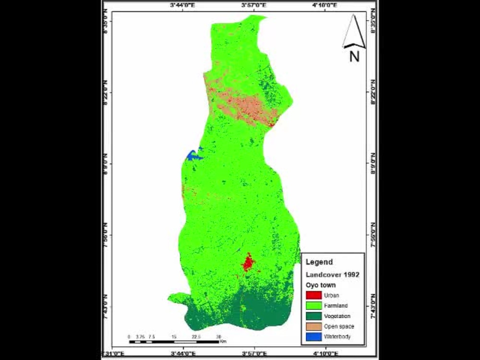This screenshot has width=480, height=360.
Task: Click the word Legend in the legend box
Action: click(319, 262)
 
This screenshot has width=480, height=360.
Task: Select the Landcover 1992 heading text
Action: click(333, 275)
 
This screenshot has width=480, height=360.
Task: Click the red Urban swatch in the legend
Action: click(313, 296)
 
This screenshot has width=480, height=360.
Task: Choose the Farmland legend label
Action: click(336, 306)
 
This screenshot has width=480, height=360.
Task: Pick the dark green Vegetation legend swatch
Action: click(313, 316)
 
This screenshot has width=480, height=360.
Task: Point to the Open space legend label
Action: click(339, 326)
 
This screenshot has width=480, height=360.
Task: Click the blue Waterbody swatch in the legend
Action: click(313, 336)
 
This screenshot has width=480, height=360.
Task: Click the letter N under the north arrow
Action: click(354, 57)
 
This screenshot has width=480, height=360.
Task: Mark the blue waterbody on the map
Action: click(193, 155)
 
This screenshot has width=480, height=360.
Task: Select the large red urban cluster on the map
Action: click(248, 263)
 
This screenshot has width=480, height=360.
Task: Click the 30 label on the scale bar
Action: click(219, 336)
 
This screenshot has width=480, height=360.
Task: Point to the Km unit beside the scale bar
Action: click(223, 342)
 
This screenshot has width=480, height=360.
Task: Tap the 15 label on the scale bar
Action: click(174, 336)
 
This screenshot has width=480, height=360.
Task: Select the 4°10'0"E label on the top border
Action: click(325, 5)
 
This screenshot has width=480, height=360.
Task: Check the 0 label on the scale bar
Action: click(129, 336)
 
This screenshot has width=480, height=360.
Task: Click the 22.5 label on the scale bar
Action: click(196, 336)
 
